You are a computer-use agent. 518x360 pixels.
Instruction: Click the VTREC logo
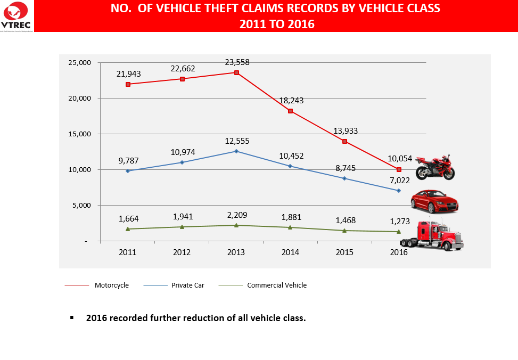[x=17, y=16]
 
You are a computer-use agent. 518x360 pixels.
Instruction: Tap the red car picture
[x=434, y=201]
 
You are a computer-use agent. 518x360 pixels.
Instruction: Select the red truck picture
[x=432, y=235]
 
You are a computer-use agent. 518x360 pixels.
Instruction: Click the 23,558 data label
[x=237, y=62]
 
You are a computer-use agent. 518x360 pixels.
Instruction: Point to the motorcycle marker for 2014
[x=290, y=111]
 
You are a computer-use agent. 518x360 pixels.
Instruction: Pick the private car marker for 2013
[x=236, y=151]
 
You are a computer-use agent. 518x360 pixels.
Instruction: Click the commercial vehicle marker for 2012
[x=182, y=227]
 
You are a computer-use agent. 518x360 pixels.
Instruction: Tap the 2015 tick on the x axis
[x=344, y=252]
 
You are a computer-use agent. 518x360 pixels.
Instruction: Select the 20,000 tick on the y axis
[x=80, y=99]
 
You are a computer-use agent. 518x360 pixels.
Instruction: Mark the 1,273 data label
[x=399, y=220]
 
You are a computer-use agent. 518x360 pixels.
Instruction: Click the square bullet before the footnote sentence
[x=71, y=317]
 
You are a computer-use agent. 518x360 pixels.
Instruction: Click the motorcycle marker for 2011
[x=128, y=84]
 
